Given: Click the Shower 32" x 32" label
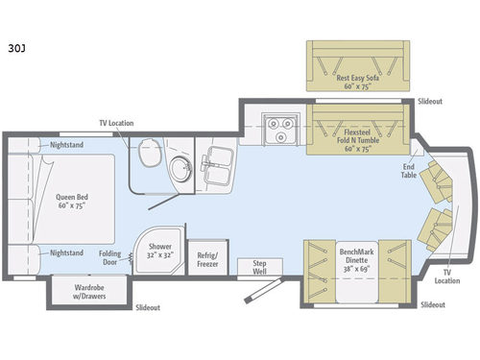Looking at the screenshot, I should (x=160, y=252).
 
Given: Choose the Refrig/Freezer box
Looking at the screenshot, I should (x=205, y=258).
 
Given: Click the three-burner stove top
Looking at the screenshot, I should (x=278, y=131).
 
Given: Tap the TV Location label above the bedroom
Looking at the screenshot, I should (x=116, y=123).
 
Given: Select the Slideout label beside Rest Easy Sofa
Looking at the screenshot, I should (x=431, y=101).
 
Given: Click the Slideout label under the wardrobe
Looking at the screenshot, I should (x=148, y=307).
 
